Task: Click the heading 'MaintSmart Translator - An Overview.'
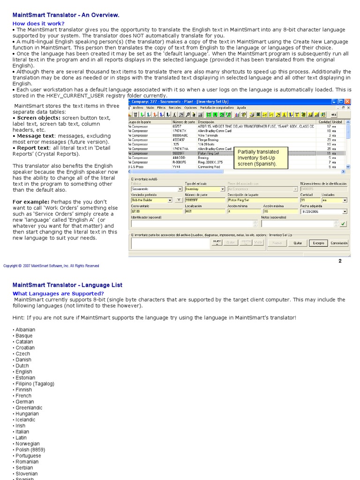tap(66, 15)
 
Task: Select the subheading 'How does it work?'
tap(38, 23)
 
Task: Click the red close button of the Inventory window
tap(347, 101)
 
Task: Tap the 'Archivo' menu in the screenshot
tap(138, 107)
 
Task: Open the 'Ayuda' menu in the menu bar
tap(241, 107)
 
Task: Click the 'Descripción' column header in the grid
tap(206, 122)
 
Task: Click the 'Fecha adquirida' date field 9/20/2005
tap(323, 211)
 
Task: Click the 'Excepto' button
tap(318, 243)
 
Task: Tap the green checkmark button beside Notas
tap(343, 224)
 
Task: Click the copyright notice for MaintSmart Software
tap(51, 266)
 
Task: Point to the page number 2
tap(340, 261)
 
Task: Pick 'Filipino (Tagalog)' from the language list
tap(35, 383)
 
